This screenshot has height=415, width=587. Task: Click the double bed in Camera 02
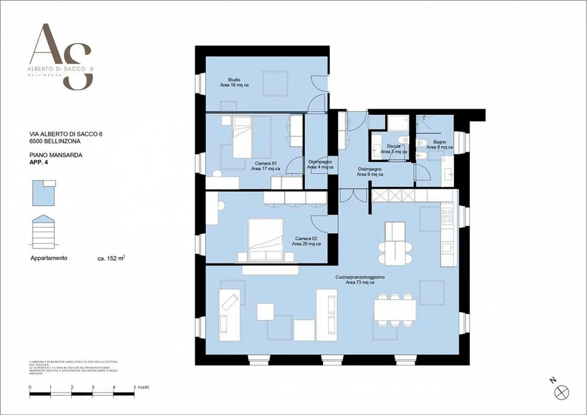tap(266, 240)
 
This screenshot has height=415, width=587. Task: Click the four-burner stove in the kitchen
tap(447, 216)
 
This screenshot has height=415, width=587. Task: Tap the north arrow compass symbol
tap(562, 393)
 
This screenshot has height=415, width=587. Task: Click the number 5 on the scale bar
tap(135, 387)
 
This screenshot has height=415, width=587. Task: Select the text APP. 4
tap(39, 162)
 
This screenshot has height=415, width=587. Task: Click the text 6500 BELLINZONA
tap(55, 141)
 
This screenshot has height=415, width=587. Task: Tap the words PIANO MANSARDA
tap(56, 155)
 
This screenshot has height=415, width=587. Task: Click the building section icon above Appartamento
tap(43, 232)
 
